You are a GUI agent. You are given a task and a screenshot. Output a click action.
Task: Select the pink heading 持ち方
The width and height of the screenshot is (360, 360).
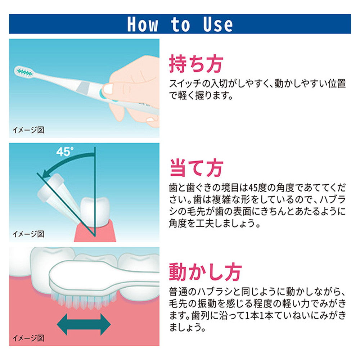(x=196, y=64)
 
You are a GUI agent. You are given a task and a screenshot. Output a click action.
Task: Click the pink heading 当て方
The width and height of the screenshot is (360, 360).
(x=196, y=168)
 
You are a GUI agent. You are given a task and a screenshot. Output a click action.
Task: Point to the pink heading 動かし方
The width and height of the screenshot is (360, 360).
(x=205, y=272)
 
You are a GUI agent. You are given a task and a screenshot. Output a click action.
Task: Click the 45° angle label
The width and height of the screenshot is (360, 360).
(x=65, y=152)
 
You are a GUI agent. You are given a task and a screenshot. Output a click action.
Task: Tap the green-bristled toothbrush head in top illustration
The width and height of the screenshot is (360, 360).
(x=24, y=72)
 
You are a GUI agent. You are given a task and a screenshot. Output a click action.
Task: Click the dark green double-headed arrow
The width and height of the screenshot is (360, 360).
(x=84, y=324)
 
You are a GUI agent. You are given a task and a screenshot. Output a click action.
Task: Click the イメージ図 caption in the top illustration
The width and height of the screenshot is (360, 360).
(x=28, y=130)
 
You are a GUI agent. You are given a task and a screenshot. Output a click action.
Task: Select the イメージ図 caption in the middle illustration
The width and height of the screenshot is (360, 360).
(x=28, y=234)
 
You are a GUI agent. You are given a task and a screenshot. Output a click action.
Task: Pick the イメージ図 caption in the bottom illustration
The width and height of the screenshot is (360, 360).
(x=28, y=338)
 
